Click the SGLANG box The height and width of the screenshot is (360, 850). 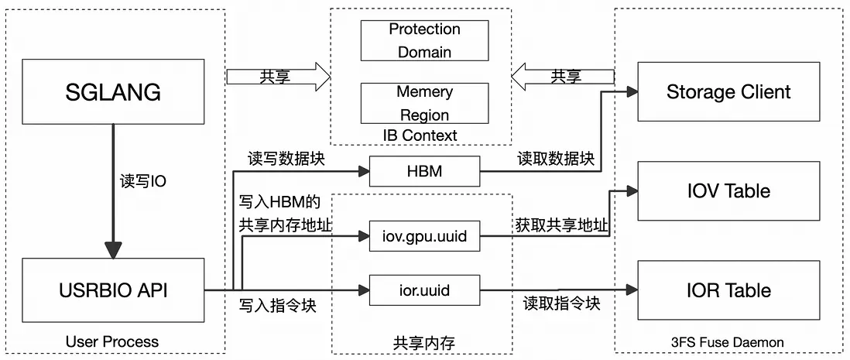pos(113,91)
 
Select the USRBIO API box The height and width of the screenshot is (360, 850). pos(113,290)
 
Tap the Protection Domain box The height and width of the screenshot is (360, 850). pos(424,41)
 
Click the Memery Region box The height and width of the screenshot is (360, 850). pos(424,103)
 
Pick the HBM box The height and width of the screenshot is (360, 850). pos(424,170)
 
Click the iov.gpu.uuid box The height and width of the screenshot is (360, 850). pos(424,236)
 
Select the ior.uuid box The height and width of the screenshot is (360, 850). pos(424,290)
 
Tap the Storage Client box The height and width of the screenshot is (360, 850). pos(728,91)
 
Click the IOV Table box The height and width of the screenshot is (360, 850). pos(728,190)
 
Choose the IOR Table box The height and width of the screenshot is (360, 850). pos(728,290)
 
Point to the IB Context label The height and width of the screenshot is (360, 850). pos(420,135)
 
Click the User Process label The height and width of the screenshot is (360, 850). pos(112,341)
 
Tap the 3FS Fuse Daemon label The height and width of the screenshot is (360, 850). pos(728,341)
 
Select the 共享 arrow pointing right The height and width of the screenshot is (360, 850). pos(278,77)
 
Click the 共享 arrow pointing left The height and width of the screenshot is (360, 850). pos(563,77)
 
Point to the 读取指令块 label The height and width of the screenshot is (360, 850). pos(561,303)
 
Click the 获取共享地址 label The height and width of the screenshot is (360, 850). pos(561,226)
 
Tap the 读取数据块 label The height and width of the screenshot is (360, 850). pos(556,159)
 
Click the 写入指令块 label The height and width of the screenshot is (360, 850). pos(278,305)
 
